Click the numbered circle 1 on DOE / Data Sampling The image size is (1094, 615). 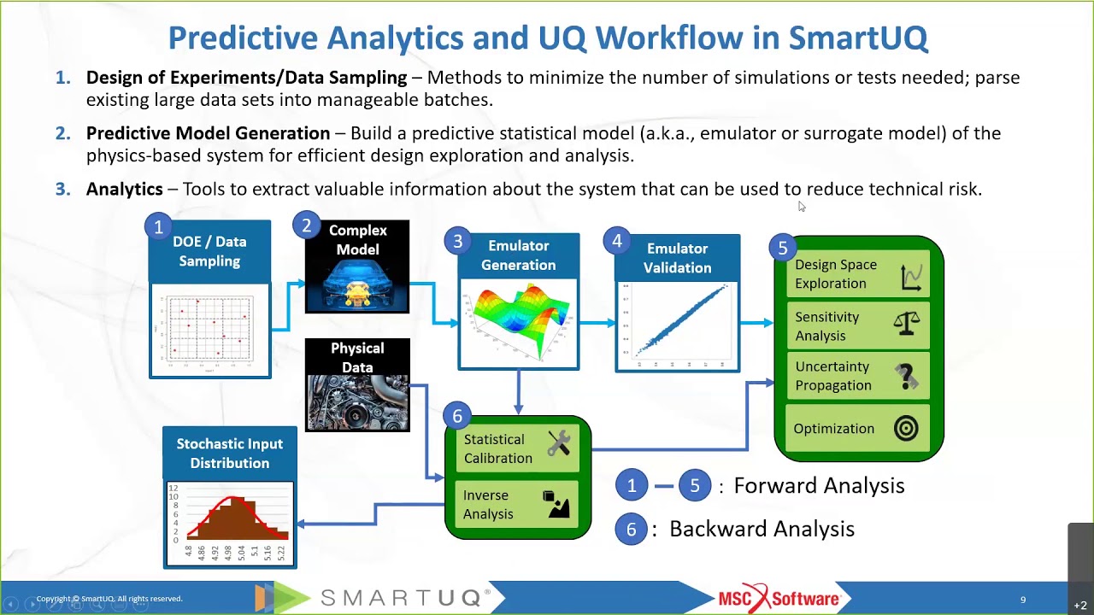158,227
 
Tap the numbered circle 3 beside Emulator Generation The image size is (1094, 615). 457,242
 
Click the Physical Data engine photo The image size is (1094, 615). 357,402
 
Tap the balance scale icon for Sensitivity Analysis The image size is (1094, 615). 906,325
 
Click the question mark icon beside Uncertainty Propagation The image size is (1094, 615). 907,376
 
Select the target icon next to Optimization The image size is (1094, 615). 906,429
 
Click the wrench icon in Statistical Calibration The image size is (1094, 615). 559,443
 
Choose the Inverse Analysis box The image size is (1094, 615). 517,505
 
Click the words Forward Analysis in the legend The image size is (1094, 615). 818,486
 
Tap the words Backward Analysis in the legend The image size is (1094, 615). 761,530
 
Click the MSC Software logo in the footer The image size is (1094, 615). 779,597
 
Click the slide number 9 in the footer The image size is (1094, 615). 1023,600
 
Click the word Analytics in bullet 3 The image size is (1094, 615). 124,190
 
